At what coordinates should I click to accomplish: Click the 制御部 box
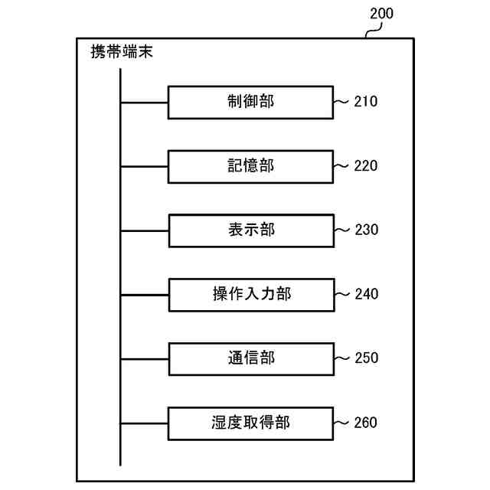pyautogui.click(x=250, y=102)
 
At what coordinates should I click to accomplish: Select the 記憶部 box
pyautogui.click(x=250, y=166)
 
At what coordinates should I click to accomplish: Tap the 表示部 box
pyautogui.click(x=250, y=230)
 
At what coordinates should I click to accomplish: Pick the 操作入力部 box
pyautogui.click(x=250, y=294)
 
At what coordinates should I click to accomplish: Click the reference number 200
pyautogui.click(x=381, y=13)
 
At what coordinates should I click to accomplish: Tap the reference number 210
pyautogui.click(x=366, y=102)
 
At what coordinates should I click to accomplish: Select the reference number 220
pyautogui.click(x=366, y=166)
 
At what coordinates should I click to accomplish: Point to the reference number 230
pyautogui.click(x=366, y=230)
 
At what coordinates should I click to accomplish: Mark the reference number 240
pyautogui.click(x=366, y=294)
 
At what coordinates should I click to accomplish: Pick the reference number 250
pyautogui.click(x=366, y=358)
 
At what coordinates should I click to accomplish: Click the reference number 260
pyautogui.click(x=366, y=422)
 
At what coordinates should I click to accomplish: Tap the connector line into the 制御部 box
pyautogui.click(x=144, y=102)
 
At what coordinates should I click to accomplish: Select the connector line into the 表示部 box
pyautogui.click(x=144, y=230)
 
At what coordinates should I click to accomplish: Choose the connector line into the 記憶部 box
pyautogui.click(x=144, y=166)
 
